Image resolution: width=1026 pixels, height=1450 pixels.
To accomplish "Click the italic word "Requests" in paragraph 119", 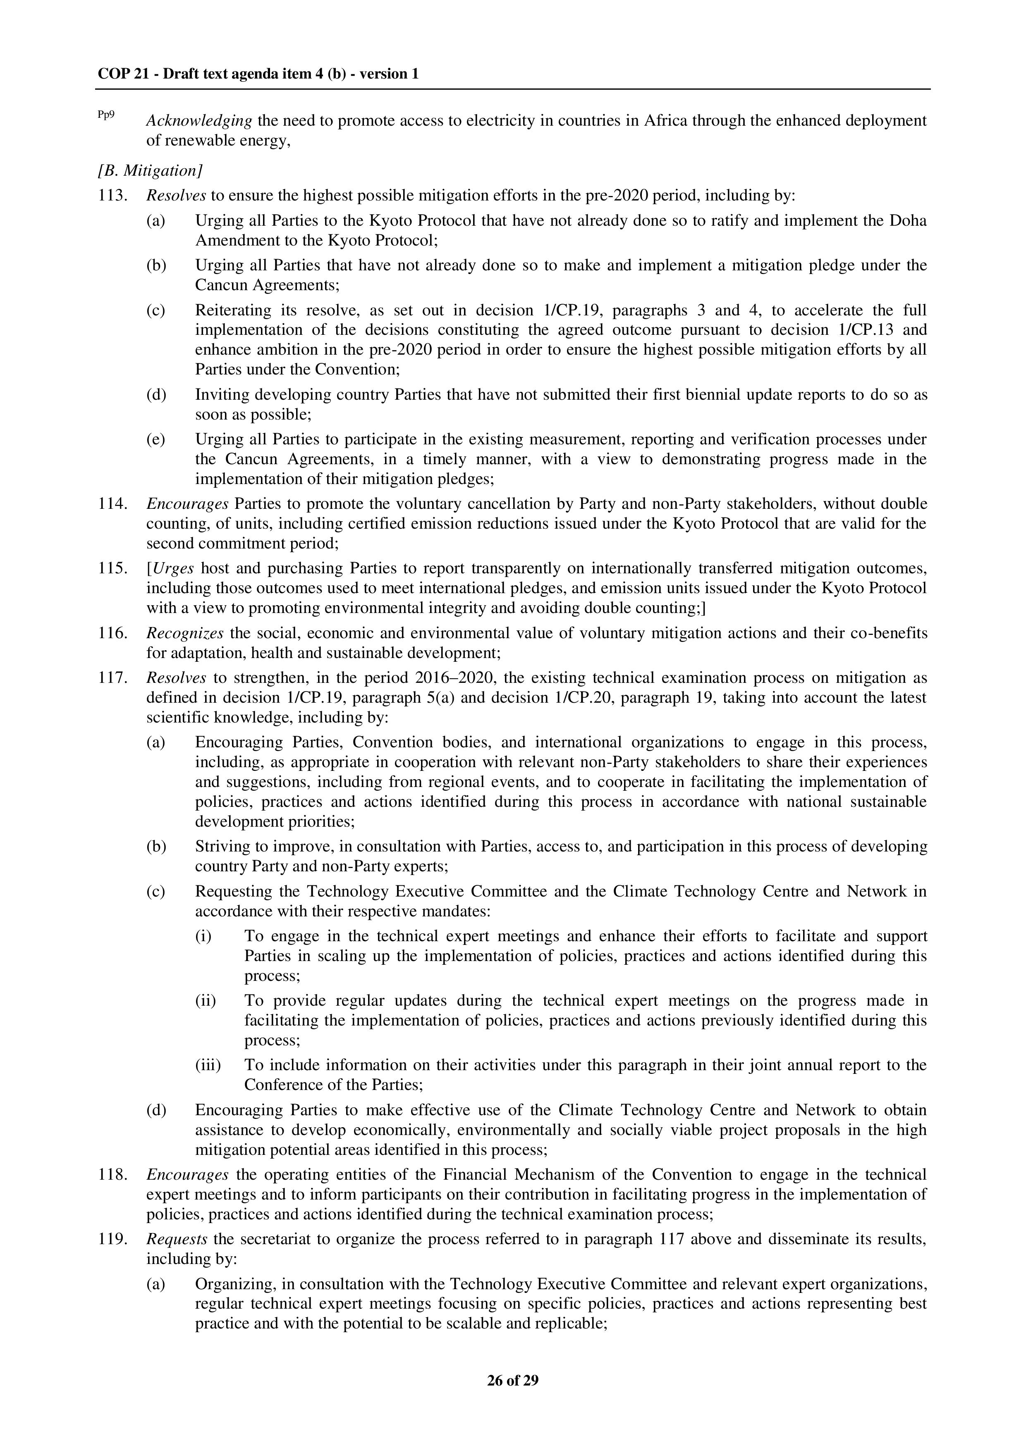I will pos(177,1240).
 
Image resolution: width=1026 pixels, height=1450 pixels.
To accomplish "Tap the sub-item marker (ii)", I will pos(206,1001).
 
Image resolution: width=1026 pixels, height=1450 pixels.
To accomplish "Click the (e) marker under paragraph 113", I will pos(155,439).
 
